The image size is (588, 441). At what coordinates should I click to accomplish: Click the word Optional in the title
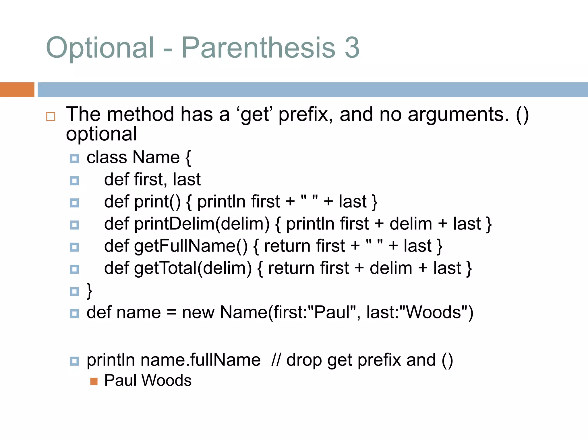point(100,48)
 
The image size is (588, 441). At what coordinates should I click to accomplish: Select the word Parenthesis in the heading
point(258,48)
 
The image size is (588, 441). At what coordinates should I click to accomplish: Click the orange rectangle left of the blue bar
point(17,90)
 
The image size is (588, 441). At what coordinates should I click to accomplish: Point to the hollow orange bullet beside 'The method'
point(51,116)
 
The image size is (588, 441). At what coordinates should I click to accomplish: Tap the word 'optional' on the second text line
point(101,134)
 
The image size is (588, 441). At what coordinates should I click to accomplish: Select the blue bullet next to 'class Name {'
point(74,158)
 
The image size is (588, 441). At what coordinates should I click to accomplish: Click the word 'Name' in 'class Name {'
point(156,158)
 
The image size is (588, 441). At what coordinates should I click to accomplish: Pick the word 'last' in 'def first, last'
point(187,180)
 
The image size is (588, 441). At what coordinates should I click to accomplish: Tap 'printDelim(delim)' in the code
point(202,224)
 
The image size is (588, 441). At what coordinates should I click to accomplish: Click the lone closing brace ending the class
point(90,291)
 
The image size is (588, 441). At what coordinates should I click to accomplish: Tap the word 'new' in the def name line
point(198,312)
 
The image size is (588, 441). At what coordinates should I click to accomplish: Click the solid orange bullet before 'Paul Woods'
point(94,381)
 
